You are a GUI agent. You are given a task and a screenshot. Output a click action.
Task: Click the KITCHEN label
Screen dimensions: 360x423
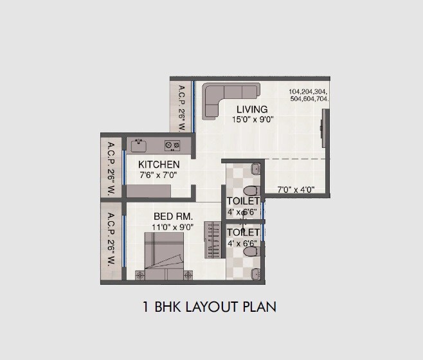pyautogui.click(x=159, y=165)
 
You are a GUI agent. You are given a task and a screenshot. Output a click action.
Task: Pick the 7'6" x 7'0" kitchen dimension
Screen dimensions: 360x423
pyautogui.click(x=158, y=175)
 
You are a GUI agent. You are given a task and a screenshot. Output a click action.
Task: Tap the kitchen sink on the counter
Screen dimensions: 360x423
pyautogui.click(x=138, y=145)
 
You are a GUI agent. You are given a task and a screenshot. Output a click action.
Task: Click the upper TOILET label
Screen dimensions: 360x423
pyautogui.click(x=243, y=201)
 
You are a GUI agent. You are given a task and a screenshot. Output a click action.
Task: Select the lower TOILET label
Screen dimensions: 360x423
pyautogui.click(x=243, y=232)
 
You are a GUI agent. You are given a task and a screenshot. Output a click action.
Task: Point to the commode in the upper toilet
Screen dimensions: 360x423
pyautogui.click(x=251, y=190)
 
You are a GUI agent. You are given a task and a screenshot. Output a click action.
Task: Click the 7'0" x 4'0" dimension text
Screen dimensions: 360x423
pyautogui.click(x=296, y=190)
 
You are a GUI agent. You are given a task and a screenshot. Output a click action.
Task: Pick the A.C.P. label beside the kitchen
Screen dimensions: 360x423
pyautogui.click(x=111, y=168)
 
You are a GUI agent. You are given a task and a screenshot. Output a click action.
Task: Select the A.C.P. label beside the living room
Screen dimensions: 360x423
pyautogui.click(x=182, y=107)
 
